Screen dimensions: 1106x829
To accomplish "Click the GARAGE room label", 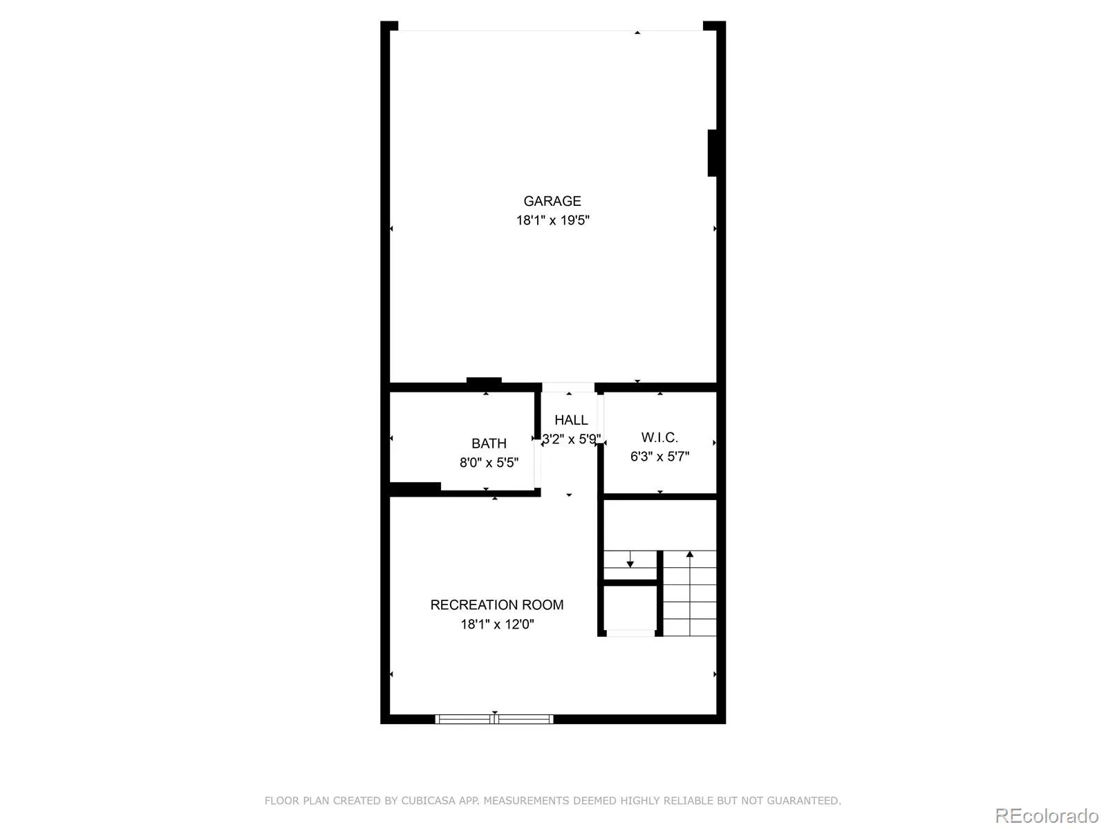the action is pyautogui.click(x=552, y=201).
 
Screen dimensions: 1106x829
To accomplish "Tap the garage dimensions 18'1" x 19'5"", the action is pyautogui.click(x=553, y=220).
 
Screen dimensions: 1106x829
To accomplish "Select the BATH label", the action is pyautogui.click(x=489, y=444).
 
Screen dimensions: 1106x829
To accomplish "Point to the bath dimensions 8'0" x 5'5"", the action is pyautogui.click(x=489, y=462).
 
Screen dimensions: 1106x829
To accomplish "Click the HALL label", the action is pyautogui.click(x=571, y=420).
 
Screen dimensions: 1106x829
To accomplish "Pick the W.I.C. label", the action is pyautogui.click(x=659, y=437).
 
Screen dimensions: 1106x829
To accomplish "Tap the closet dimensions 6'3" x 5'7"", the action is pyautogui.click(x=659, y=457).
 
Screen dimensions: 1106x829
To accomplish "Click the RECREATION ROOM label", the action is pyautogui.click(x=497, y=604).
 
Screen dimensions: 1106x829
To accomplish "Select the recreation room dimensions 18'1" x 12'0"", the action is pyautogui.click(x=497, y=624).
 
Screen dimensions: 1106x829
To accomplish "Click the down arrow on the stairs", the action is pyautogui.click(x=630, y=559).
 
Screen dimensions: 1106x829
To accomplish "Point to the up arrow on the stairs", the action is pyautogui.click(x=690, y=593).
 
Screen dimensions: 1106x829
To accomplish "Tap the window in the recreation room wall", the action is pyautogui.click(x=494, y=719).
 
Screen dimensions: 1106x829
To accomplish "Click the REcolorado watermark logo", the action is pyautogui.click(x=1047, y=815).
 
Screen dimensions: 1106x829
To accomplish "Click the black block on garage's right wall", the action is pyautogui.click(x=712, y=153).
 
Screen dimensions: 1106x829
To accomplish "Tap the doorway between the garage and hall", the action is pyautogui.click(x=568, y=388).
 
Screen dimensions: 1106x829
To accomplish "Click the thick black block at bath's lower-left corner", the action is pyautogui.click(x=415, y=487).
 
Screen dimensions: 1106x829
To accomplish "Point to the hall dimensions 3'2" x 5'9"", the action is pyautogui.click(x=571, y=439).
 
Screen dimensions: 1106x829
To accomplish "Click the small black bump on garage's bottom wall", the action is pyautogui.click(x=484, y=381).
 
